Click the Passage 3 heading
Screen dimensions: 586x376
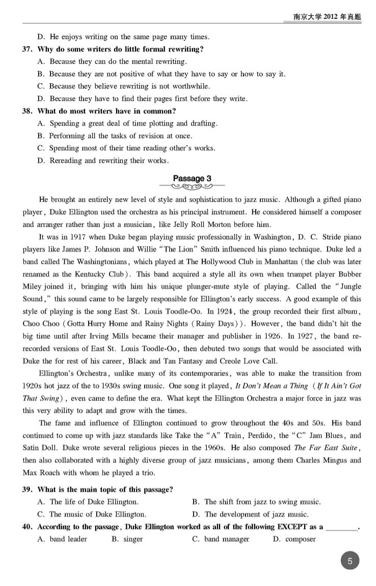[x=192, y=178]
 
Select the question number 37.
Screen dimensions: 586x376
[x=28, y=49]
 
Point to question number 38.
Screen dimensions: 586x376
[x=28, y=111]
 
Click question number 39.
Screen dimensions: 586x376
[x=28, y=490]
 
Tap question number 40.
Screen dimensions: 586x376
[x=28, y=526]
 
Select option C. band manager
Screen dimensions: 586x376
[x=220, y=539]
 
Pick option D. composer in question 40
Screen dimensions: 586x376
[x=294, y=539]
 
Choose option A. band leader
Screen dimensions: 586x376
[x=62, y=539]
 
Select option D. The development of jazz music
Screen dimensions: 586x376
[x=250, y=514]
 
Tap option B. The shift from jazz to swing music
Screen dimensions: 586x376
[x=256, y=502]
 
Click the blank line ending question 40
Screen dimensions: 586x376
[x=341, y=528]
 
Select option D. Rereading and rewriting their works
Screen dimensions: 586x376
[x=103, y=161]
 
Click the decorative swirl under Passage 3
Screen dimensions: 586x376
[x=192, y=187]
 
